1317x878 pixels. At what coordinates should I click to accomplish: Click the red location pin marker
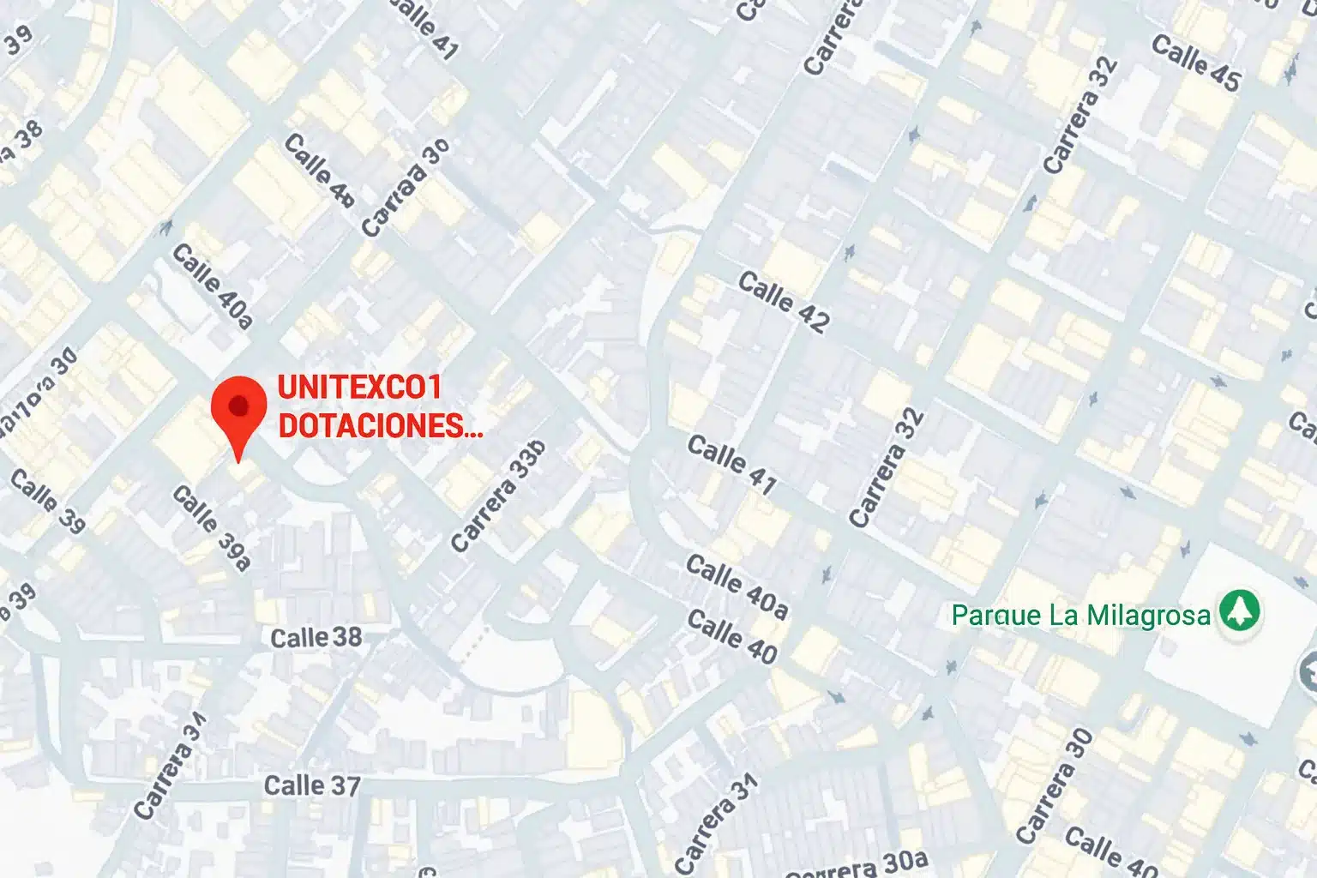click(239, 412)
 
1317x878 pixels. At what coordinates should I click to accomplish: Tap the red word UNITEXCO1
click(359, 388)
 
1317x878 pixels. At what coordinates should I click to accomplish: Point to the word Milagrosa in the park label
click(1148, 615)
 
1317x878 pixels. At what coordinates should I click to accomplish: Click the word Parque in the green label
click(984, 615)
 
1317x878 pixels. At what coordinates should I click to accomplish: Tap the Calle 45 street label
click(1195, 63)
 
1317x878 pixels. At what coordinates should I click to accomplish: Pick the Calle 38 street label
click(316, 638)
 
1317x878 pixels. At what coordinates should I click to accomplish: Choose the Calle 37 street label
click(311, 785)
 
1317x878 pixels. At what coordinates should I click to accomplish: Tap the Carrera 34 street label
click(171, 766)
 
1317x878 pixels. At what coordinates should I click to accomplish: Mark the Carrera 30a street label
click(857, 865)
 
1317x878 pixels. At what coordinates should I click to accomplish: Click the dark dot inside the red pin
click(239, 405)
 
